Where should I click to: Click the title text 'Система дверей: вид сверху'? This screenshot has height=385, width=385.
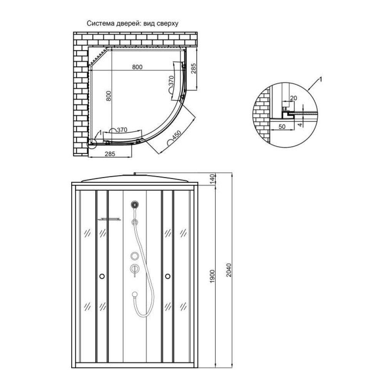pyautogui.click(x=132, y=23)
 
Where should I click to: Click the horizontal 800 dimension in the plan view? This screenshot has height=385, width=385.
pyautogui.click(x=137, y=67)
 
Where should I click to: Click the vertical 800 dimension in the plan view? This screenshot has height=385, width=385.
pyautogui.click(x=109, y=96)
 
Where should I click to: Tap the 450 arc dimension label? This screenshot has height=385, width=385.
pyautogui.click(x=177, y=136)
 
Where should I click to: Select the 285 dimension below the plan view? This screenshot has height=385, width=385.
pyautogui.click(x=110, y=154)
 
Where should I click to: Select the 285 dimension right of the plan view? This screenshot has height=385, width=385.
pyautogui.click(x=194, y=69)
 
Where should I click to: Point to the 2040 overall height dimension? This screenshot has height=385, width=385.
pyautogui.click(x=229, y=270)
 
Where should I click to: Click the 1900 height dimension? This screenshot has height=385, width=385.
pyautogui.click(x=213, y=276)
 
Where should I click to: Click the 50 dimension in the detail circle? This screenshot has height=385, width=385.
pyautogui.click(x=282, y=127)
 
